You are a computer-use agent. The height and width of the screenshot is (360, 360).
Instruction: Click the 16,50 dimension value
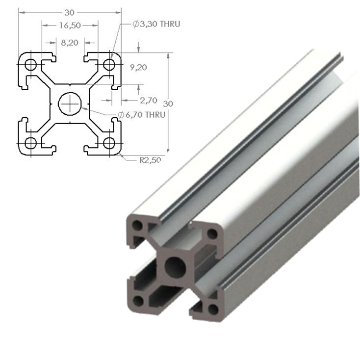[70, 25]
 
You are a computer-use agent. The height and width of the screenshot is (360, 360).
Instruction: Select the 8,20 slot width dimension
[70, 43]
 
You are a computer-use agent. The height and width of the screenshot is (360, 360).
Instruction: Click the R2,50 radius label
[149, 159]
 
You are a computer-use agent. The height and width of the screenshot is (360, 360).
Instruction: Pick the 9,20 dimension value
[139, 67]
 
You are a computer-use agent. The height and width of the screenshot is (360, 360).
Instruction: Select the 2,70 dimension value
[148, 100]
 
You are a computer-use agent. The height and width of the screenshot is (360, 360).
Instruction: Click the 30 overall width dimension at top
[70, 9]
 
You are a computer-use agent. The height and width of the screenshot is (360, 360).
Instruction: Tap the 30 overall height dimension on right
[168, 103]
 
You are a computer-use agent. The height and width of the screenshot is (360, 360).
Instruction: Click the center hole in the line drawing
[70, 103]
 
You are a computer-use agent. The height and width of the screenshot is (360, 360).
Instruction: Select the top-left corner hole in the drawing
[30, 64]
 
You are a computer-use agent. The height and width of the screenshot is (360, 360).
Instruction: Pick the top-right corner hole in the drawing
[109, 64]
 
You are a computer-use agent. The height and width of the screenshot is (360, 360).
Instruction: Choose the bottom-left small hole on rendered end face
[139, 300]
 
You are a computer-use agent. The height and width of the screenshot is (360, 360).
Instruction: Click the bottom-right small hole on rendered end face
[212, 309]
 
